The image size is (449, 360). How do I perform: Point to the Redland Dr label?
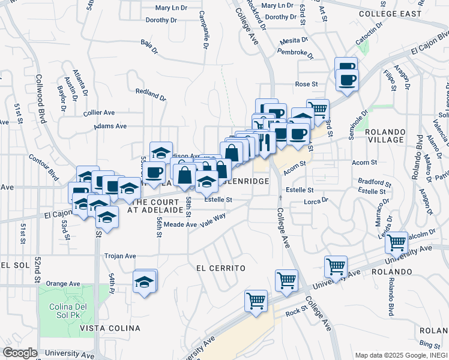[150, 94]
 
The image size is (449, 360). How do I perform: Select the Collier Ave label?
[99, 112]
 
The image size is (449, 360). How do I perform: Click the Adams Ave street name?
[110, 127]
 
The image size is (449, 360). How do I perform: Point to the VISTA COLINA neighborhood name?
[110, 328]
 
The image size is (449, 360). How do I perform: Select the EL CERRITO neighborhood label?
[221, 268]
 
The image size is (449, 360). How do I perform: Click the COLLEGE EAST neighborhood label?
[391, 13]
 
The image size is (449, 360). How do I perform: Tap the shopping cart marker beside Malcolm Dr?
[396, 242]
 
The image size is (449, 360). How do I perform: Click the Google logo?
[19, 353]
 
